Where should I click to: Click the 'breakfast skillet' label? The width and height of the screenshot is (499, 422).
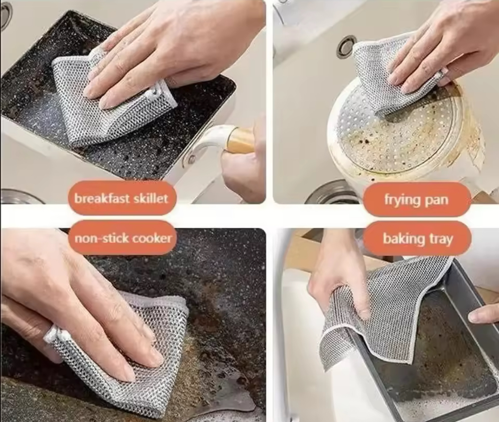pos(121,199)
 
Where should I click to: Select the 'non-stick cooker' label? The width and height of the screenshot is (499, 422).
pos(123,238)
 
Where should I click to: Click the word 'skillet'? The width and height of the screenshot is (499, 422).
pos(150,198)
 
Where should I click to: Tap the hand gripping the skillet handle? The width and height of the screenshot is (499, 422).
pos(244,159)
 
